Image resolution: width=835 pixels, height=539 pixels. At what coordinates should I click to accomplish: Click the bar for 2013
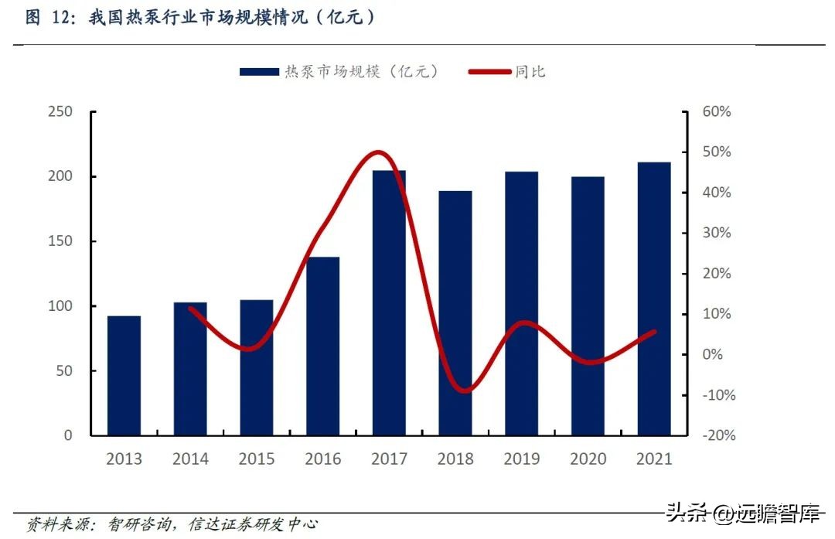point(124,375)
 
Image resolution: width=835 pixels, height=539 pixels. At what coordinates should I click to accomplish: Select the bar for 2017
point(389,302)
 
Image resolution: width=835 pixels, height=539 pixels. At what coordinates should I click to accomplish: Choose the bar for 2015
point(257,367)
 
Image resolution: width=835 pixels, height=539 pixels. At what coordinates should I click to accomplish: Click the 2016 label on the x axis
point(322,459)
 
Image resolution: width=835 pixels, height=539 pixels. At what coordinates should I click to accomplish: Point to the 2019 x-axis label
point(522,459)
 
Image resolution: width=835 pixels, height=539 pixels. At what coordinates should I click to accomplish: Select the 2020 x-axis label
point(588,459)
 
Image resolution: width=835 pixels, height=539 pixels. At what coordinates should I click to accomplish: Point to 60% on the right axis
point(717,112)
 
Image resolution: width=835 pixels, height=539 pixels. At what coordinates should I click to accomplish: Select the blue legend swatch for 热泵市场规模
point(258,71)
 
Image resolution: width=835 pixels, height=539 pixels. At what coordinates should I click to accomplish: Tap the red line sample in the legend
point(490,71)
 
